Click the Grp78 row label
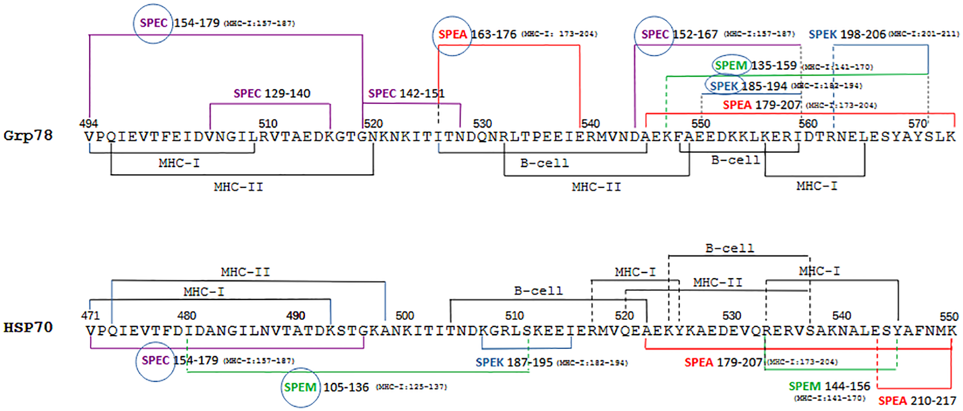(28, 135)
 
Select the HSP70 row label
(28, 327)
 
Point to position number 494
(88, 123)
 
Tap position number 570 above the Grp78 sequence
(918, 123)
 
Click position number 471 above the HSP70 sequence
(90, 316)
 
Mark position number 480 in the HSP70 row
(187, 316)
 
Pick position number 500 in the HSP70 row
(405, 316)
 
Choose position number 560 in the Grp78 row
(808, 123)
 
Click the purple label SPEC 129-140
(272, 93)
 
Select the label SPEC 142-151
(406, 93)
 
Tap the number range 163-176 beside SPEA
(494, 34)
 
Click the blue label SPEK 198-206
(847, 34)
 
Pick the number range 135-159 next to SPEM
(774, 65)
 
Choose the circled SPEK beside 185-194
(724, 86)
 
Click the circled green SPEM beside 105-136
(300, 387)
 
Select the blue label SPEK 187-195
(514, 362)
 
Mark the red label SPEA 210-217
(917, 401)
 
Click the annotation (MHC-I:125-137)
(412, 387)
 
